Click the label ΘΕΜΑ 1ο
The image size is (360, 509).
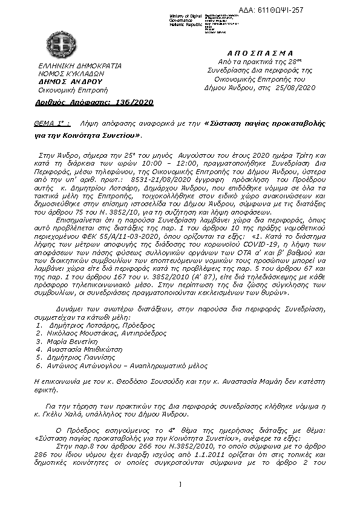click(51, 123)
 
